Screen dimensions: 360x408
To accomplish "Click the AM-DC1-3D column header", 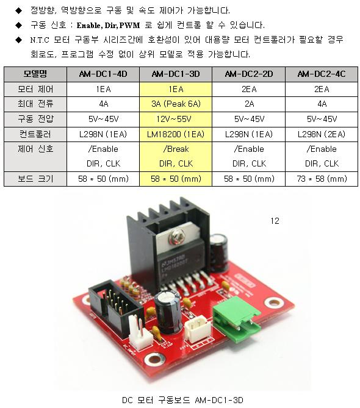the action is click(176, 74).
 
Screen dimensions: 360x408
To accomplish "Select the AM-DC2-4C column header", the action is click(322, 74).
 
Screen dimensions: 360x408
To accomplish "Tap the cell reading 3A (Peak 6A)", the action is click(176, 104).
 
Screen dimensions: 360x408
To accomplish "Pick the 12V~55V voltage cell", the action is click(176, 119).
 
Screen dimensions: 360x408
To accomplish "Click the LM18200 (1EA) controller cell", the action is click(176, 134).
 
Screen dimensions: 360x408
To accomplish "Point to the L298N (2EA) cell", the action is click(322, 134).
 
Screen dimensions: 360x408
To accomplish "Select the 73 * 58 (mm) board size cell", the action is click(322, 179).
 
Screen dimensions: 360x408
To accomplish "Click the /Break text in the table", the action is click(176, 149).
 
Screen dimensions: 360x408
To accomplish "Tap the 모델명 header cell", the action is click(35, 74).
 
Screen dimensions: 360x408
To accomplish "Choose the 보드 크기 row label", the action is click(35, 179).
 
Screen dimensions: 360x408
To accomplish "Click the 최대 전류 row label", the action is click(35, 104).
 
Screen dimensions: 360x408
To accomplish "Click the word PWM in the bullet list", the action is click(129, 26).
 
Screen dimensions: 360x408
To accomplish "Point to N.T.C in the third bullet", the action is click(40, 40).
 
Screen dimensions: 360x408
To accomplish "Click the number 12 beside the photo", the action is click(275, 221).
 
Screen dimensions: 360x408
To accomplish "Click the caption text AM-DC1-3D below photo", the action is click(219, 400).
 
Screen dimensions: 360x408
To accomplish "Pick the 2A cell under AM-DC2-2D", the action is click(249, 104).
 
